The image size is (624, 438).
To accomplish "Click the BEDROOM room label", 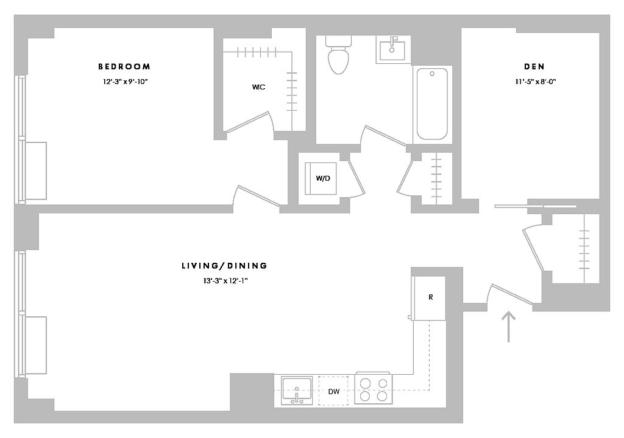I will (x=124, y=66).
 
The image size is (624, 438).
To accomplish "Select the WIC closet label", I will (x=258, y=87).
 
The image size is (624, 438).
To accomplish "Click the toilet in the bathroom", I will (x=339, y=56).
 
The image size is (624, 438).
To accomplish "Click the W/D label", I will (x=322, y=178).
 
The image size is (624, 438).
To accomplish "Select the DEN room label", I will (x=534, y=66).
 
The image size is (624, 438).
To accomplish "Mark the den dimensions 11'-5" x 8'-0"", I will (x=534, y=82).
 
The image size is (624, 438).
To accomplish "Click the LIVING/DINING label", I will (x=224, y=266).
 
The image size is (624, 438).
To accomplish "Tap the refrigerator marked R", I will (x=430, y=297).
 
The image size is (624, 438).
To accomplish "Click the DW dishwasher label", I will (x=333, y=391).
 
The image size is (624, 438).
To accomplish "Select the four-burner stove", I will (x=373, y=389).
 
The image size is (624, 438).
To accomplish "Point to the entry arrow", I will (x=509, y=326).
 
